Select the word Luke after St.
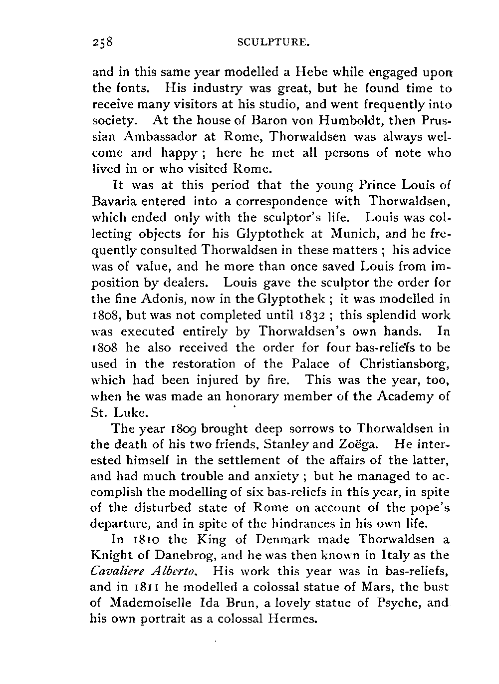(x=131, y=413)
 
